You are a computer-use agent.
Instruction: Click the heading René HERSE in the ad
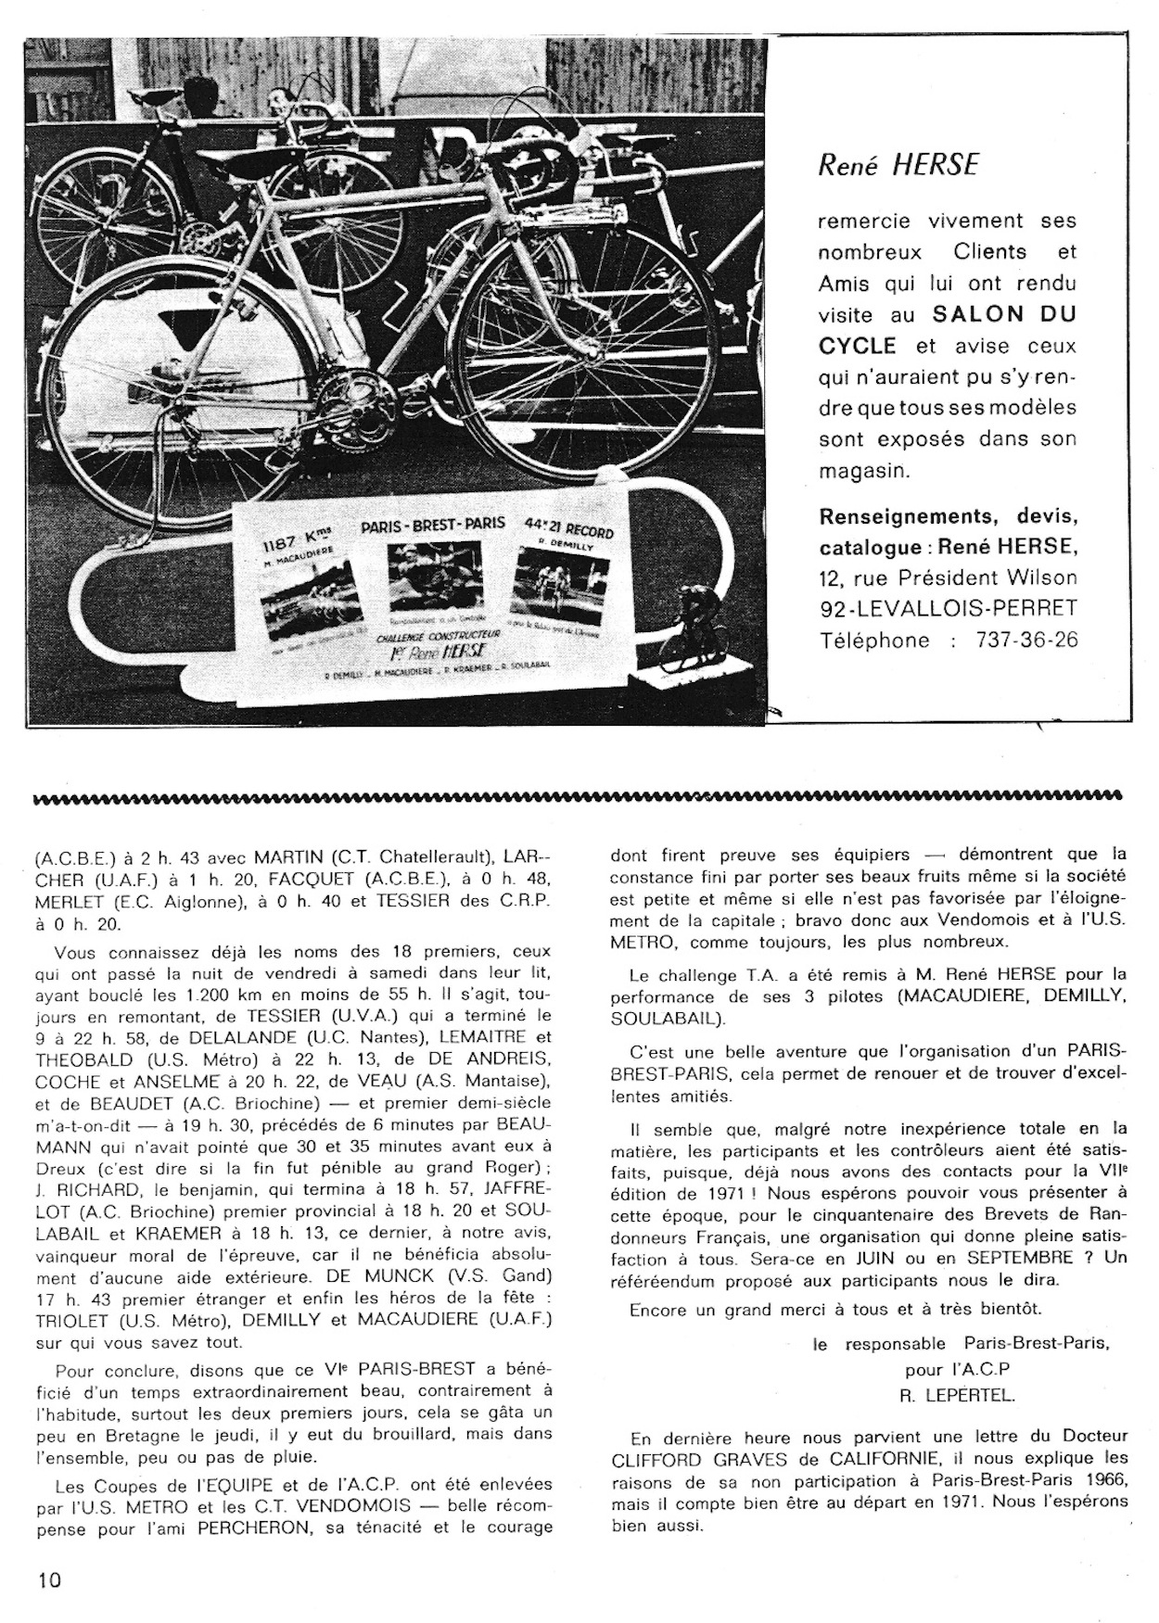click(x=897, y=165)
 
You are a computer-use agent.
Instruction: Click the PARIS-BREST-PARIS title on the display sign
click(x=433, y=526)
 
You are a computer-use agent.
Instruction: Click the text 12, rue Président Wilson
click(x=948, y=577)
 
